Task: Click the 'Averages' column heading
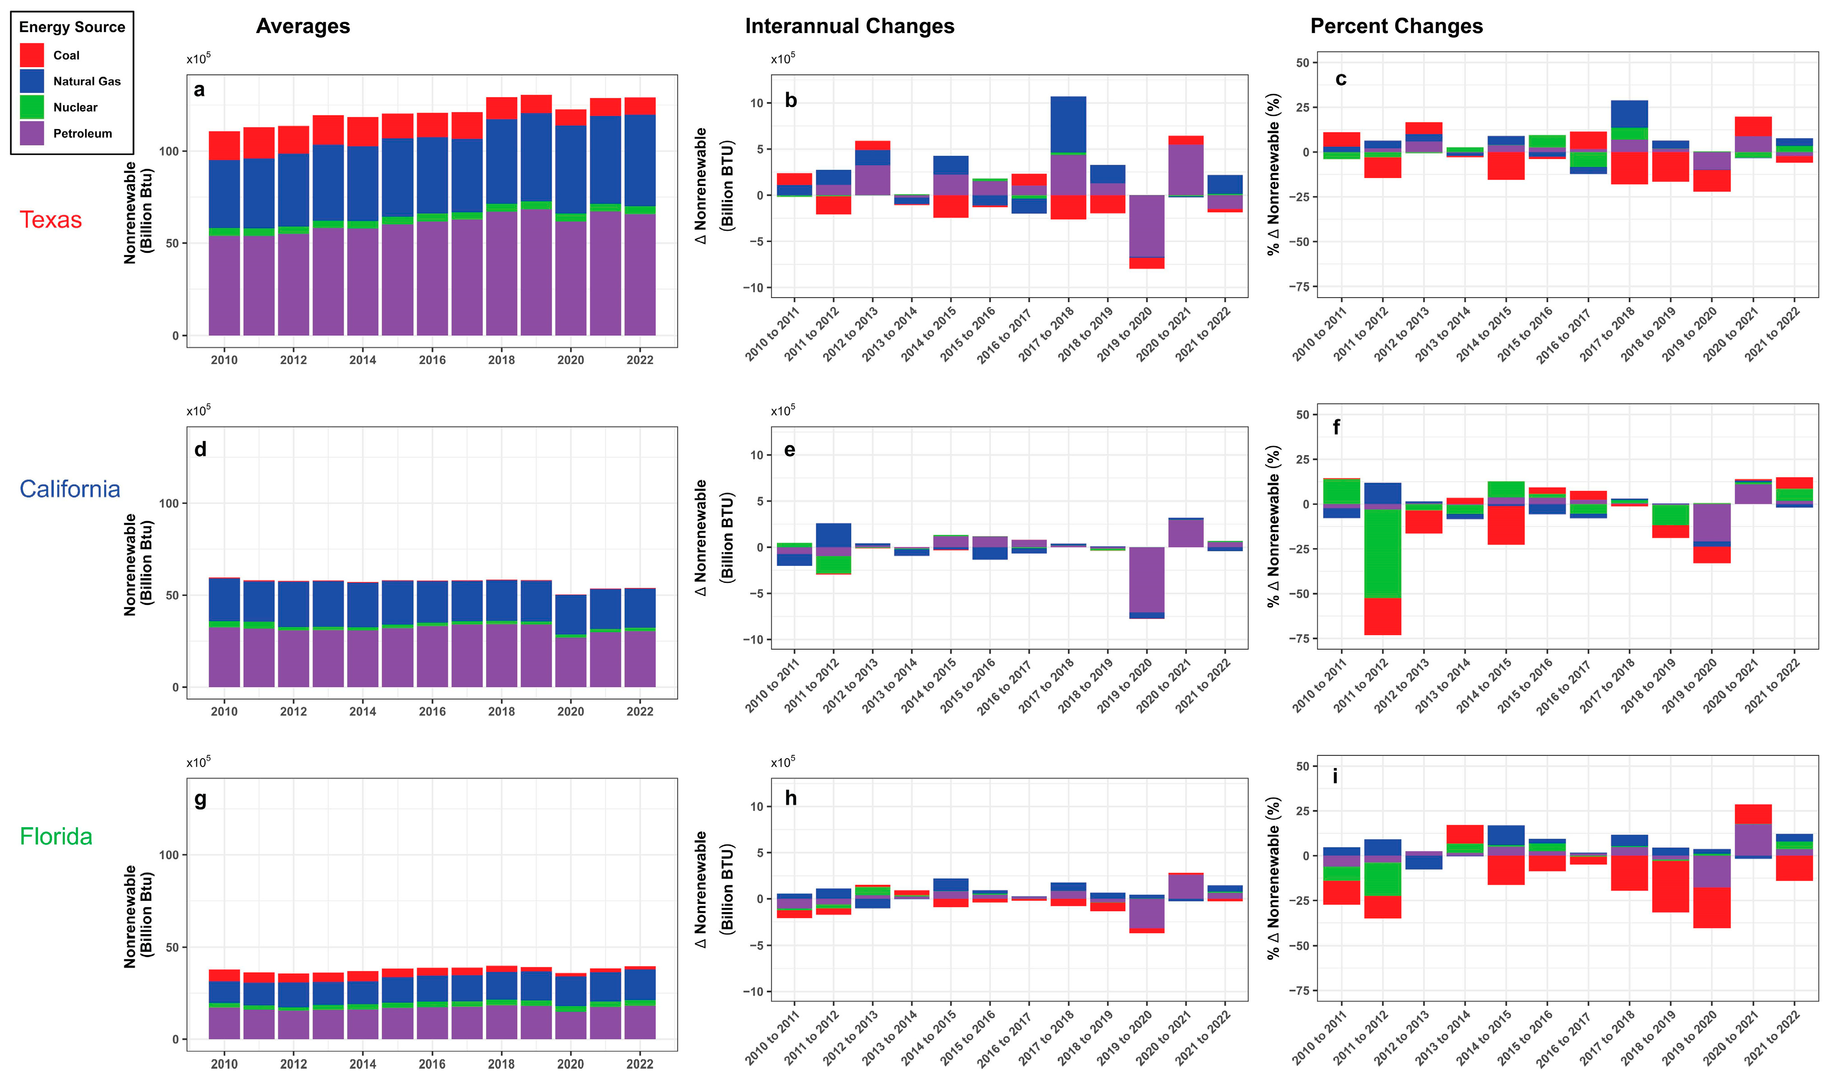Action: pos(303,26)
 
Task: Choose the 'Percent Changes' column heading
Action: pos(1396,26)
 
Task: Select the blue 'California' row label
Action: pos(70,489)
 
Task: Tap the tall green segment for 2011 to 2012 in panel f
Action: pos(1382,553)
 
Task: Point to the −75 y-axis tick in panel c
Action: pos(1298,287)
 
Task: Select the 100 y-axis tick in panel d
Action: pos(168,503)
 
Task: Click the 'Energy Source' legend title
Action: pos(72,28)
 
